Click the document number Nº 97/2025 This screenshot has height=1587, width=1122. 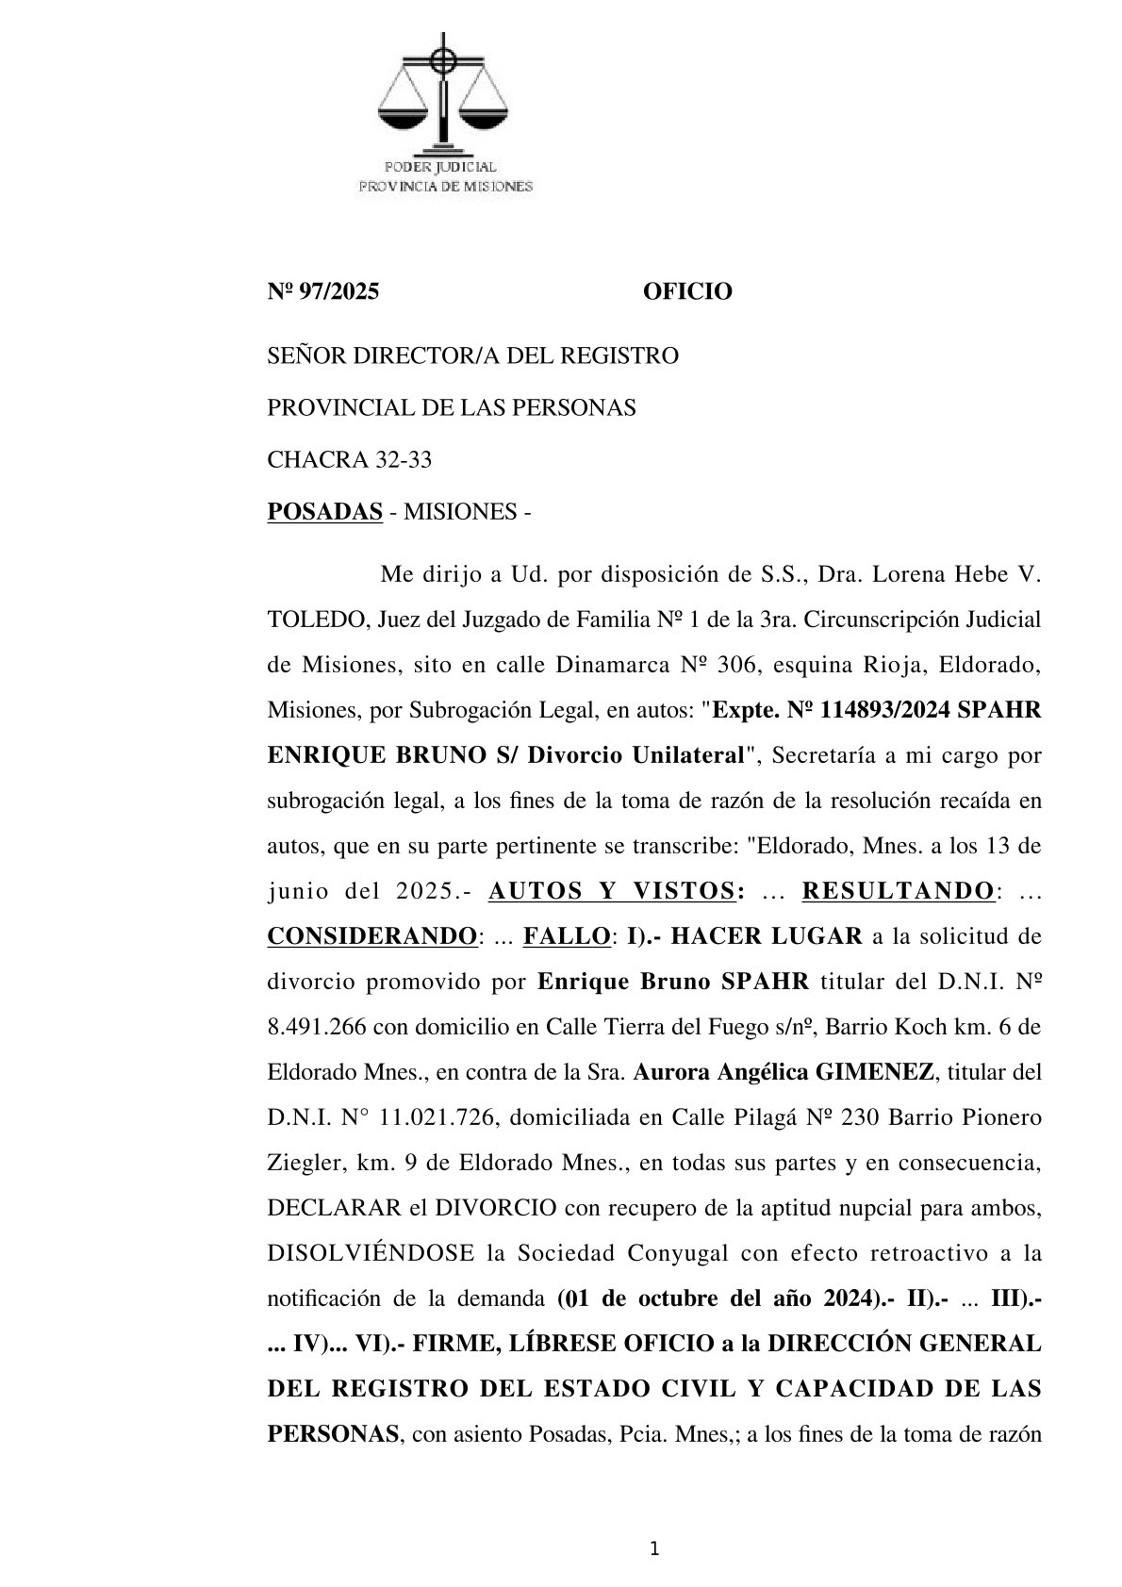coord(323,292)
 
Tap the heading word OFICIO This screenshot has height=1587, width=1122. coord(687,292)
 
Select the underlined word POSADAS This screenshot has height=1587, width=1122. coord(325,512)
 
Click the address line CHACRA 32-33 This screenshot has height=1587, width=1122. coord(350,460)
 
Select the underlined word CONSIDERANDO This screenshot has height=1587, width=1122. coord(371,936)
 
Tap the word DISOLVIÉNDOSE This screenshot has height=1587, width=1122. coord(371,1253)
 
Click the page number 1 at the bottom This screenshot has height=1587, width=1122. coord(654,1548)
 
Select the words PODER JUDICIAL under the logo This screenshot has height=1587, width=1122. coord(446,168)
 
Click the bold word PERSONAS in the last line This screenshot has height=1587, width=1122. coord(332,1434)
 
